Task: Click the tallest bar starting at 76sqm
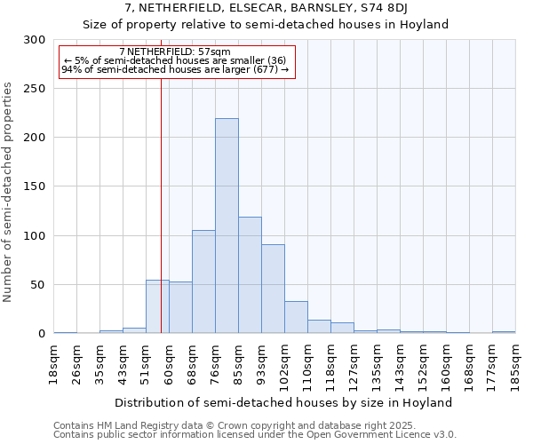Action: (227, 226)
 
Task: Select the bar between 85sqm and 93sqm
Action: (250, 275)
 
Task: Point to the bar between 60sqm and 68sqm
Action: (180, 307)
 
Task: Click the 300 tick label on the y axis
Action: (35, 40)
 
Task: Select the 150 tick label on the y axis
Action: (35, 186)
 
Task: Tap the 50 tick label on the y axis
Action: (38, 285)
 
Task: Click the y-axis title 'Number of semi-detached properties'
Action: (9, 192)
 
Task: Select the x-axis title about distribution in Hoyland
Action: (284, 402)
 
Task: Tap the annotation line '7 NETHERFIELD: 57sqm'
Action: (174, 52)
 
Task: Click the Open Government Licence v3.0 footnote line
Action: (255, 435)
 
